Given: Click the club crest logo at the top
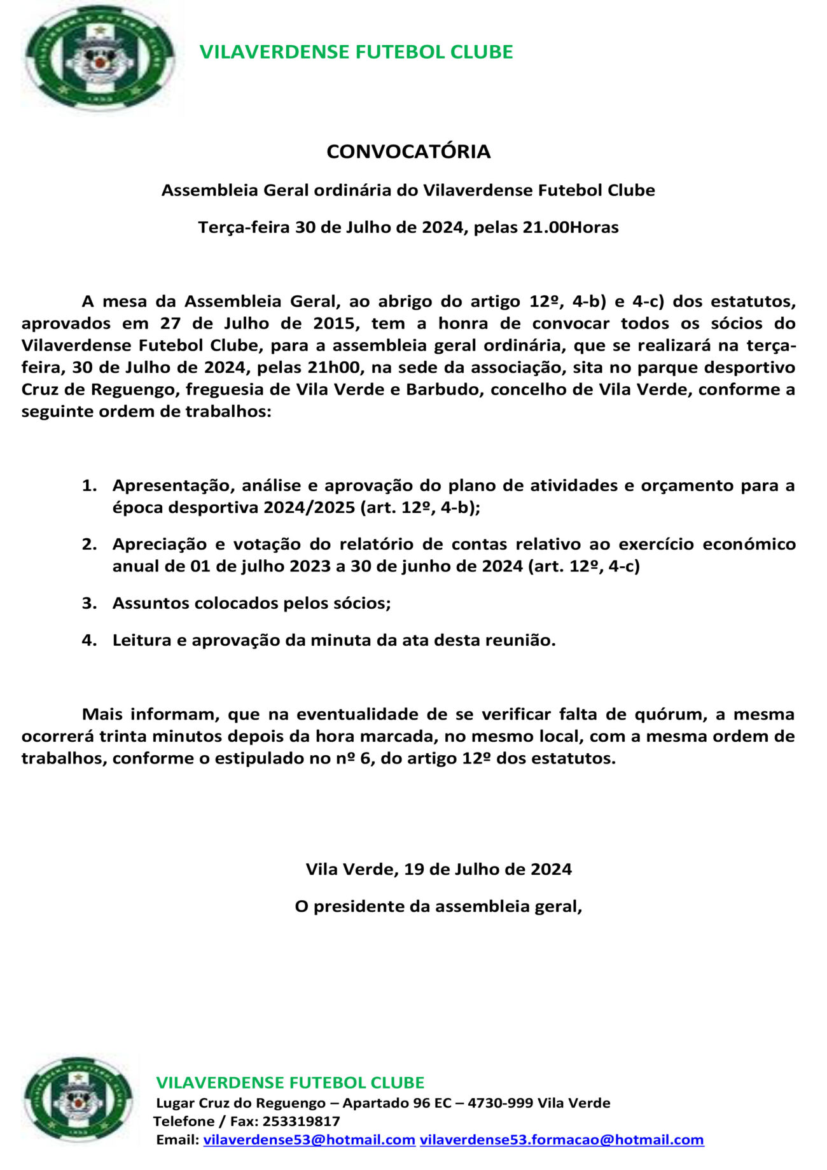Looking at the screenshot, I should [99, 59].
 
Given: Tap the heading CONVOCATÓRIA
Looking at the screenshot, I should [408, 151].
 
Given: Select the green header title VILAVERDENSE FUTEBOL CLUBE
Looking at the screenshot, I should [356, 52].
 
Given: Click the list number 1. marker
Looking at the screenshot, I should [89, 485].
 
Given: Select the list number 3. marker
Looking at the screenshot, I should [89, 602].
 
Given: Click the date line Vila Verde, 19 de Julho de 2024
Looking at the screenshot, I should [438, 869].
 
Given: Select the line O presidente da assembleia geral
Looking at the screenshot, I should [438, 906].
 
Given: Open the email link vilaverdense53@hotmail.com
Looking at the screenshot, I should [309, 1139].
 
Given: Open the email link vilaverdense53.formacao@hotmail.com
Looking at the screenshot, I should [562, 1139].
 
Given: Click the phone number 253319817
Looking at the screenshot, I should [301, 1121].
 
